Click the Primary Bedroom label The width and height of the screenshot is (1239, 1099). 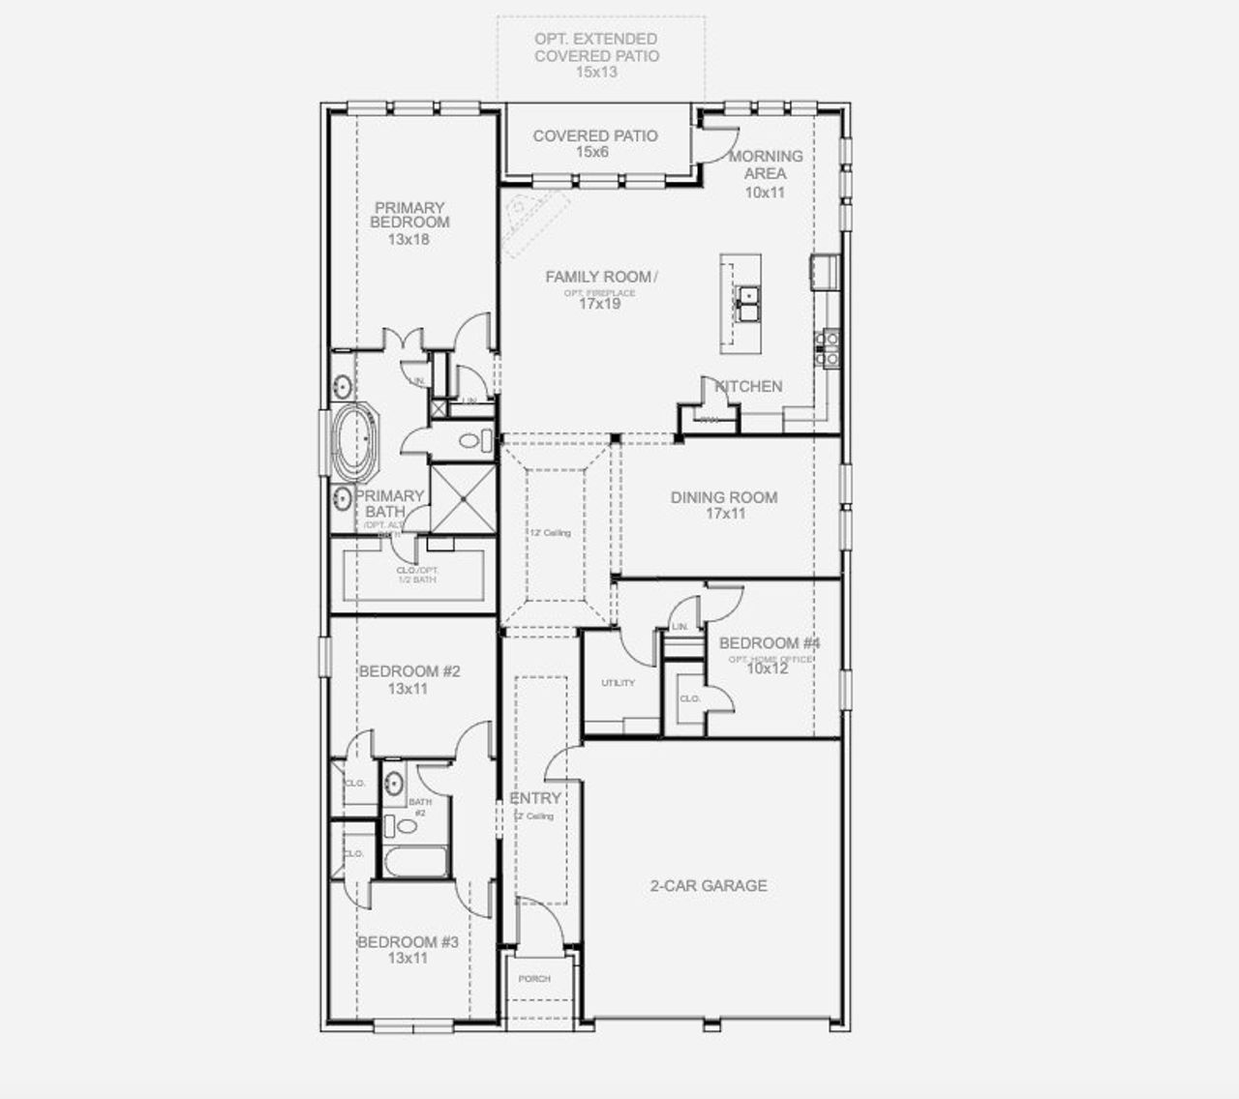409,223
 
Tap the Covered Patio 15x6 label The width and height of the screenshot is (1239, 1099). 595,143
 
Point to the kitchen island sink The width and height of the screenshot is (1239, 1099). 748,302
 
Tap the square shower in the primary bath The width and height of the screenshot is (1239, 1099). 462,498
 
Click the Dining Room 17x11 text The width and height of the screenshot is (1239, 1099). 724,505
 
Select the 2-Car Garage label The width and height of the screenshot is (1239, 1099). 709,885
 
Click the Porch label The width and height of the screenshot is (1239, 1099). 534,979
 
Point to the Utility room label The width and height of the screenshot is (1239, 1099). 619,683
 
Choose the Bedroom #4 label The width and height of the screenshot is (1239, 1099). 770,643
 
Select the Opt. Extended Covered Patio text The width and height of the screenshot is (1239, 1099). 597,55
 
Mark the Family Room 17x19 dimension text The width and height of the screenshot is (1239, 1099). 599,304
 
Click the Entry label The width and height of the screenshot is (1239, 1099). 535,798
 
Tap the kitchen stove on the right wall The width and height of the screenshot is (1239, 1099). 828,348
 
